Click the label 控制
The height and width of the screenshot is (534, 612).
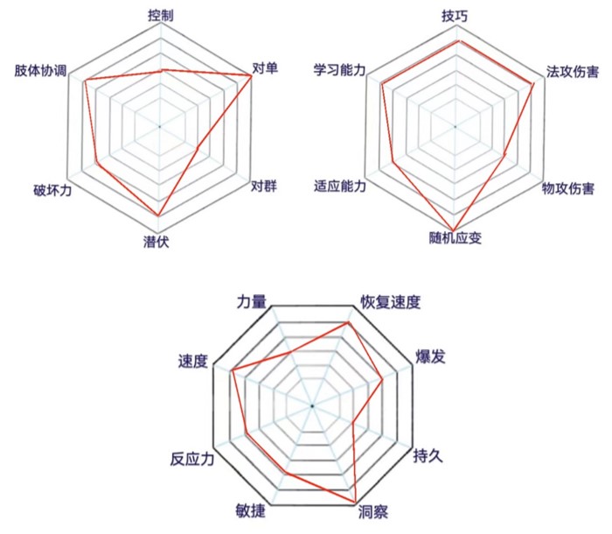160,15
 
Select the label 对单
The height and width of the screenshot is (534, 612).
265,68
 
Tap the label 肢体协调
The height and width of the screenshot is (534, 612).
40,71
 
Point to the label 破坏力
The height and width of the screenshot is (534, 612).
52,190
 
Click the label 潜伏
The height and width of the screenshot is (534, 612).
156,242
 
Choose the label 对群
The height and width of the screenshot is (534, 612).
263,186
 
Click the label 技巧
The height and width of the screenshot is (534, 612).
455,16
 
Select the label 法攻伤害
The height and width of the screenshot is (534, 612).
572,72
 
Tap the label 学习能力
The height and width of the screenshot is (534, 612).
339,70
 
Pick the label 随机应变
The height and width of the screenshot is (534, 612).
456,238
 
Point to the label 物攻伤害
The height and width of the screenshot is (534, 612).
568,188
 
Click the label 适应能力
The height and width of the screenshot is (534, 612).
340,186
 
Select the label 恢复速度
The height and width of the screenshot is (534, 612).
390,302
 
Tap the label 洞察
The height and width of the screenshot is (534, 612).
373,512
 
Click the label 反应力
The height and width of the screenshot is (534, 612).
192,460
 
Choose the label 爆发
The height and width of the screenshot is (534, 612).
430,357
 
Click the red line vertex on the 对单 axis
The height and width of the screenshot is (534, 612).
252,75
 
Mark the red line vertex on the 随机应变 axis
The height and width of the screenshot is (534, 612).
454,230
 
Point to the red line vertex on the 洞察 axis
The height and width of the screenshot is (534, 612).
356,502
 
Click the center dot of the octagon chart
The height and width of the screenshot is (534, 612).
312,406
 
